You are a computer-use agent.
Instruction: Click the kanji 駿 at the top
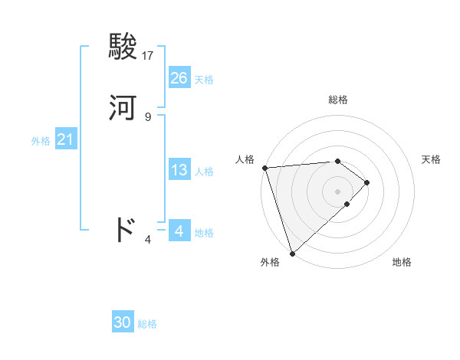pyautogui.click(x=123, y=47)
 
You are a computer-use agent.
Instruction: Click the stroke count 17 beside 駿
pyautogui.click(x=148, y=56)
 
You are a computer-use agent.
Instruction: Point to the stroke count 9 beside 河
pyautogui.click(x=148, y=117)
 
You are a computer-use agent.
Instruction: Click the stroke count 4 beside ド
pyautogui.click(x=148, y=239)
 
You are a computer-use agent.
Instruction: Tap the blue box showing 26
pyautogui.click(x=179, y=78)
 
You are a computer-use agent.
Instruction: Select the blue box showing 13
pyautogui.click(x=179, y=170)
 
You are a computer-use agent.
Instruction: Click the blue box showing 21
pyautogui.click(x=66, y=140)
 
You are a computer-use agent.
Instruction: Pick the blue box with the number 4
pyautogui.click(x=179, y=231)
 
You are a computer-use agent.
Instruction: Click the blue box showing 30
pyautogui.click(x=123, y=322)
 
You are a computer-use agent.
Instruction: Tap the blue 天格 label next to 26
pyautogui.click(x=204, y=80)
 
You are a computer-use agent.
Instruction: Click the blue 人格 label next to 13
pyautogui.click(x=204, y=172)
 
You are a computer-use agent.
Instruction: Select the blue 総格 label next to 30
pyautogui.click(x=147, y=324)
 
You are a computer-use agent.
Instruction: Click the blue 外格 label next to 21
pyautogui.click(x=41, y=142)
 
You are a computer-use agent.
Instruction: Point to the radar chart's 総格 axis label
pyautogui.click(x=338, y=100)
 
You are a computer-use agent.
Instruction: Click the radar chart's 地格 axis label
pyautogui.click(x=402, y=262)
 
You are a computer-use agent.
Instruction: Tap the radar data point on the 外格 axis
pyautogui.click(x=292, y=252)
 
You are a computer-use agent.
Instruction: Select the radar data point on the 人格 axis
pyautogui.click(x=264, y=168)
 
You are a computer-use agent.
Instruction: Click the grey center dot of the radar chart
pyautogui.click(x=338, y=191)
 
